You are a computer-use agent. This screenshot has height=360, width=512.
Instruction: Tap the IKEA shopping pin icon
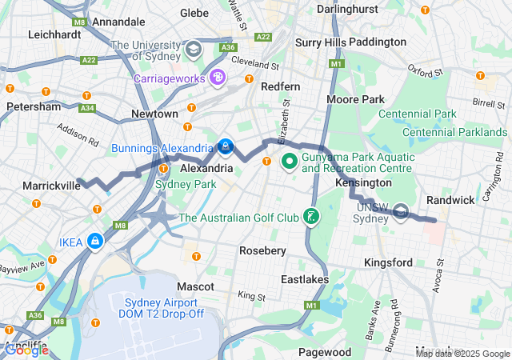(x=95, y=240)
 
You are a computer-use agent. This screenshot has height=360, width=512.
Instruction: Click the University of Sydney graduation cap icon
(x=193, y=50)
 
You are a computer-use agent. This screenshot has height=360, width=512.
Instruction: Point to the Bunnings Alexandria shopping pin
(x=226, y=147)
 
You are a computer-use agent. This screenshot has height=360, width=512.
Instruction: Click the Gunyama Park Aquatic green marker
(x=288, y=161)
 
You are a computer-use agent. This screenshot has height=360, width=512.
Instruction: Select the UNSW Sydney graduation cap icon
(x=402, y=211)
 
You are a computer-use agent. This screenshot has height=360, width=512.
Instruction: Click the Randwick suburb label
(x=450, y=198)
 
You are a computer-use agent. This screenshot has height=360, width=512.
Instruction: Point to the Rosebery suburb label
(x=263, y=251)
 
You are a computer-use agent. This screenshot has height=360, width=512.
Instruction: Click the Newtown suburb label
(x=154, y=114)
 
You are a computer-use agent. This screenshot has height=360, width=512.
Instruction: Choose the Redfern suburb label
(x=280, y=86)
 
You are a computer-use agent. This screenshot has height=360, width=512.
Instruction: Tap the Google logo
(x=26, y=350)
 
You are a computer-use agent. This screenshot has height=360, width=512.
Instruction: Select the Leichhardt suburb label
(x=56, y=34)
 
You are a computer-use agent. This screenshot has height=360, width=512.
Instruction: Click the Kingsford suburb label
(x=388, y=262)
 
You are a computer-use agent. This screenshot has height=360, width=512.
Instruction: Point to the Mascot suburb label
(x=195, y=286)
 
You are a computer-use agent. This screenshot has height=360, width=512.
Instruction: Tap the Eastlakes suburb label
(x=305, y=279)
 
